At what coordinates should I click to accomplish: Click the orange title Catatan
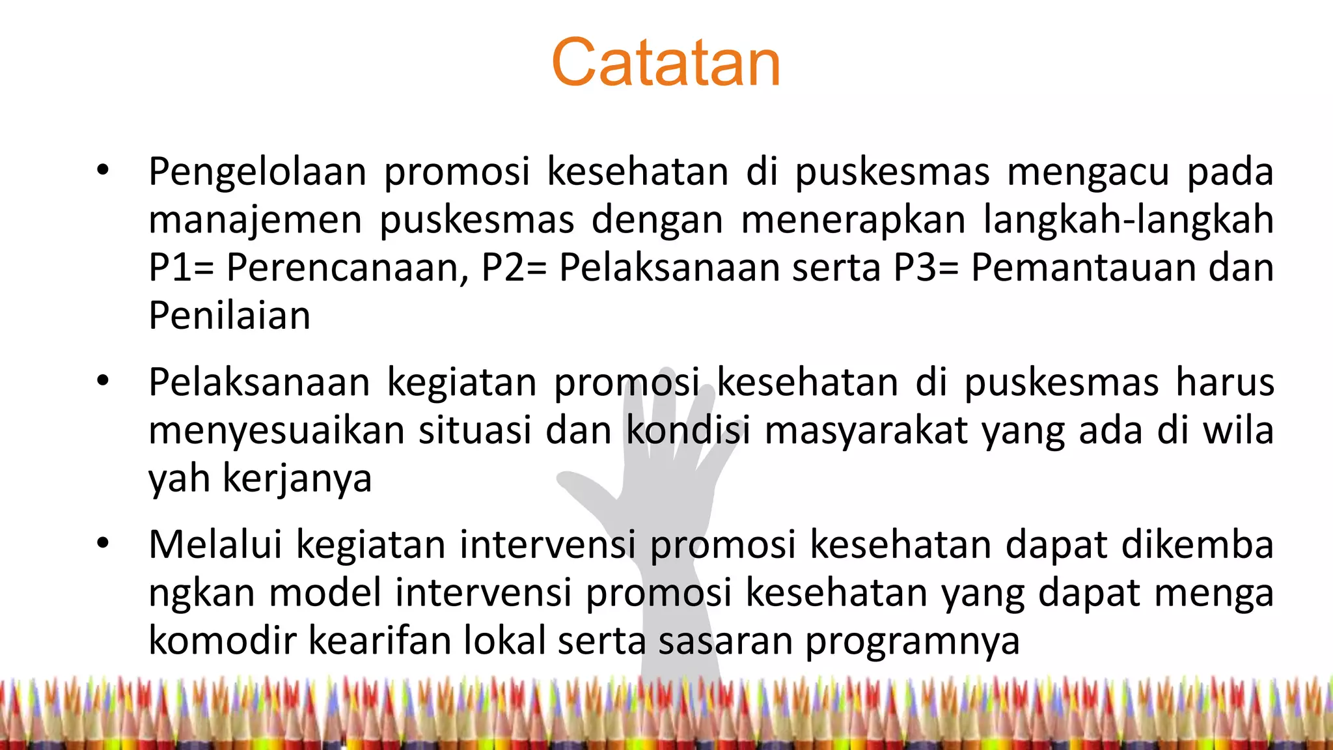[665, 62]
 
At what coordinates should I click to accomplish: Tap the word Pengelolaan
[257, 173]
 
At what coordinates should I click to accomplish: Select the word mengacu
[1088, 173]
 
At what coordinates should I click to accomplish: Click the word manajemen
[255, 221]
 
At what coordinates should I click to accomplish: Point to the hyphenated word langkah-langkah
[1128, 219]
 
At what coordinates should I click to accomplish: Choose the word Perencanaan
[346, 268]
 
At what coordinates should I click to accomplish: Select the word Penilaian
[229, 316]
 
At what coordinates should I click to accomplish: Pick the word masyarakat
[866, 431]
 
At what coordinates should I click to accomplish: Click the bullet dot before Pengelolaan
[103, 171]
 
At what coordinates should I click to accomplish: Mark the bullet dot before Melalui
[103, 543]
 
